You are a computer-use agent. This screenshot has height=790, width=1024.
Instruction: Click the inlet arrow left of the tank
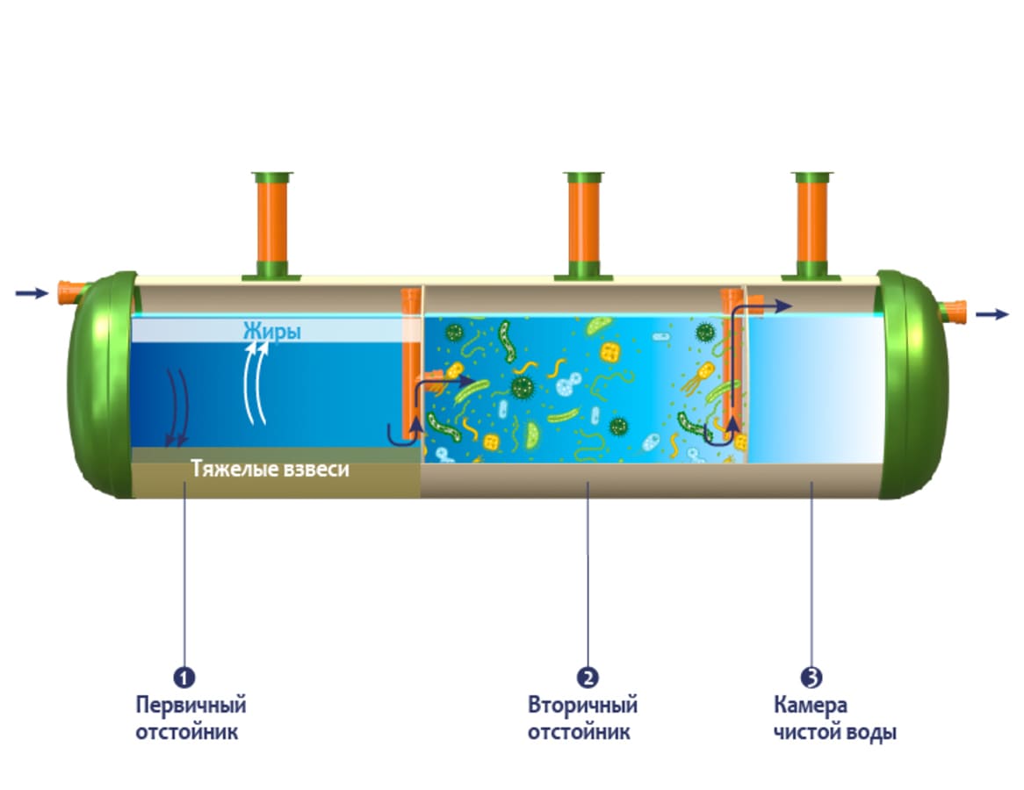pyautogui.click(x=32, y=293)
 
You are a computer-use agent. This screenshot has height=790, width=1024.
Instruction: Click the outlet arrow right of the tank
pyautogui.click(x=992, y=313)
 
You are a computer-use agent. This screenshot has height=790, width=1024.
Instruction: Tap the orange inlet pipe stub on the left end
pyautogui.click(x=67, y=291)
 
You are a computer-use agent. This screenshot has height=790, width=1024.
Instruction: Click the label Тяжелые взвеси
pyautogui.click(x=270, y=470)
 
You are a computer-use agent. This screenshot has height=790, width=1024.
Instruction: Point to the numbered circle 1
pyautogui.click(x=184, y=678)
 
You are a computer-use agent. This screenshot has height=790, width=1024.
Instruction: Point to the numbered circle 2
pyautogui.click(x=587, y=678)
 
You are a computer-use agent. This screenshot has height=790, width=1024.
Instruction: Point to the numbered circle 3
pyautogui.click(x=811, y=678)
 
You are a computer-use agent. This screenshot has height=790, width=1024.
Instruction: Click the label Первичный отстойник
pyautogui.click(x=191, y=718)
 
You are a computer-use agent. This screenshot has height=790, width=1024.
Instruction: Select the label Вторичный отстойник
pyautogui.click(x=582, y=718)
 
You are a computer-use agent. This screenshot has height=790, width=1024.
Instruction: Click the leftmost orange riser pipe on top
pyautogui.click(x=271, y=224)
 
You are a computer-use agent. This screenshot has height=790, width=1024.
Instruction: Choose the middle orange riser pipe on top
pyautogui.click(x=583, y=224)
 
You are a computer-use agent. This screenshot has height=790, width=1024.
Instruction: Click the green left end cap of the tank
pyautogui.click(x=97, y=386)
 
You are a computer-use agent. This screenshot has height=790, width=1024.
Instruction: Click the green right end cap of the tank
pyautogui.click(x=913, y=386)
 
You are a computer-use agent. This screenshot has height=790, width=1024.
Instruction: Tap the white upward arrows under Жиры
pyautogui.click(x=255, y=382)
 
